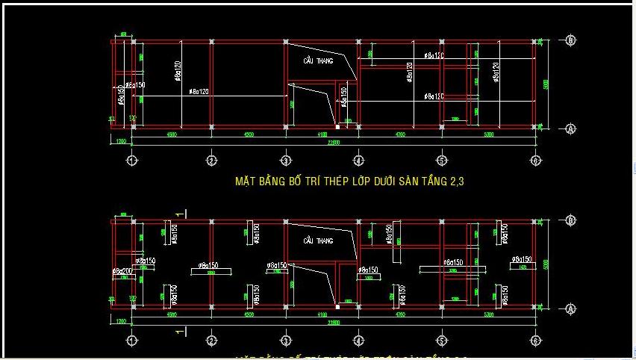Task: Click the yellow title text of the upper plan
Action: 355,181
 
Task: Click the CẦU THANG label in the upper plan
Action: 319,60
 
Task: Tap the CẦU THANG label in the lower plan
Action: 319,240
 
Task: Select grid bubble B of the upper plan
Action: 570,40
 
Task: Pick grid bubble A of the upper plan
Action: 570,128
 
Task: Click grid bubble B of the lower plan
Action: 570,220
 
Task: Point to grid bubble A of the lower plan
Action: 570,308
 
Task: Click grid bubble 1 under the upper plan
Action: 133,160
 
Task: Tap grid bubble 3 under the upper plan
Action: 286,160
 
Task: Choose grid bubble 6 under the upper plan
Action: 536,160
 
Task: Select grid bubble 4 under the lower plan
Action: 359,341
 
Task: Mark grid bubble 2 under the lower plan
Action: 211,341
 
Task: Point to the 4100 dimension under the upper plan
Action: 322,134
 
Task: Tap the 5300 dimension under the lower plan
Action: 488,315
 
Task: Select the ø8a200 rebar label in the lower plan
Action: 122,270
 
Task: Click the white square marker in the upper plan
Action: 337,127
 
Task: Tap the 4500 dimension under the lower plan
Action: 172,315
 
